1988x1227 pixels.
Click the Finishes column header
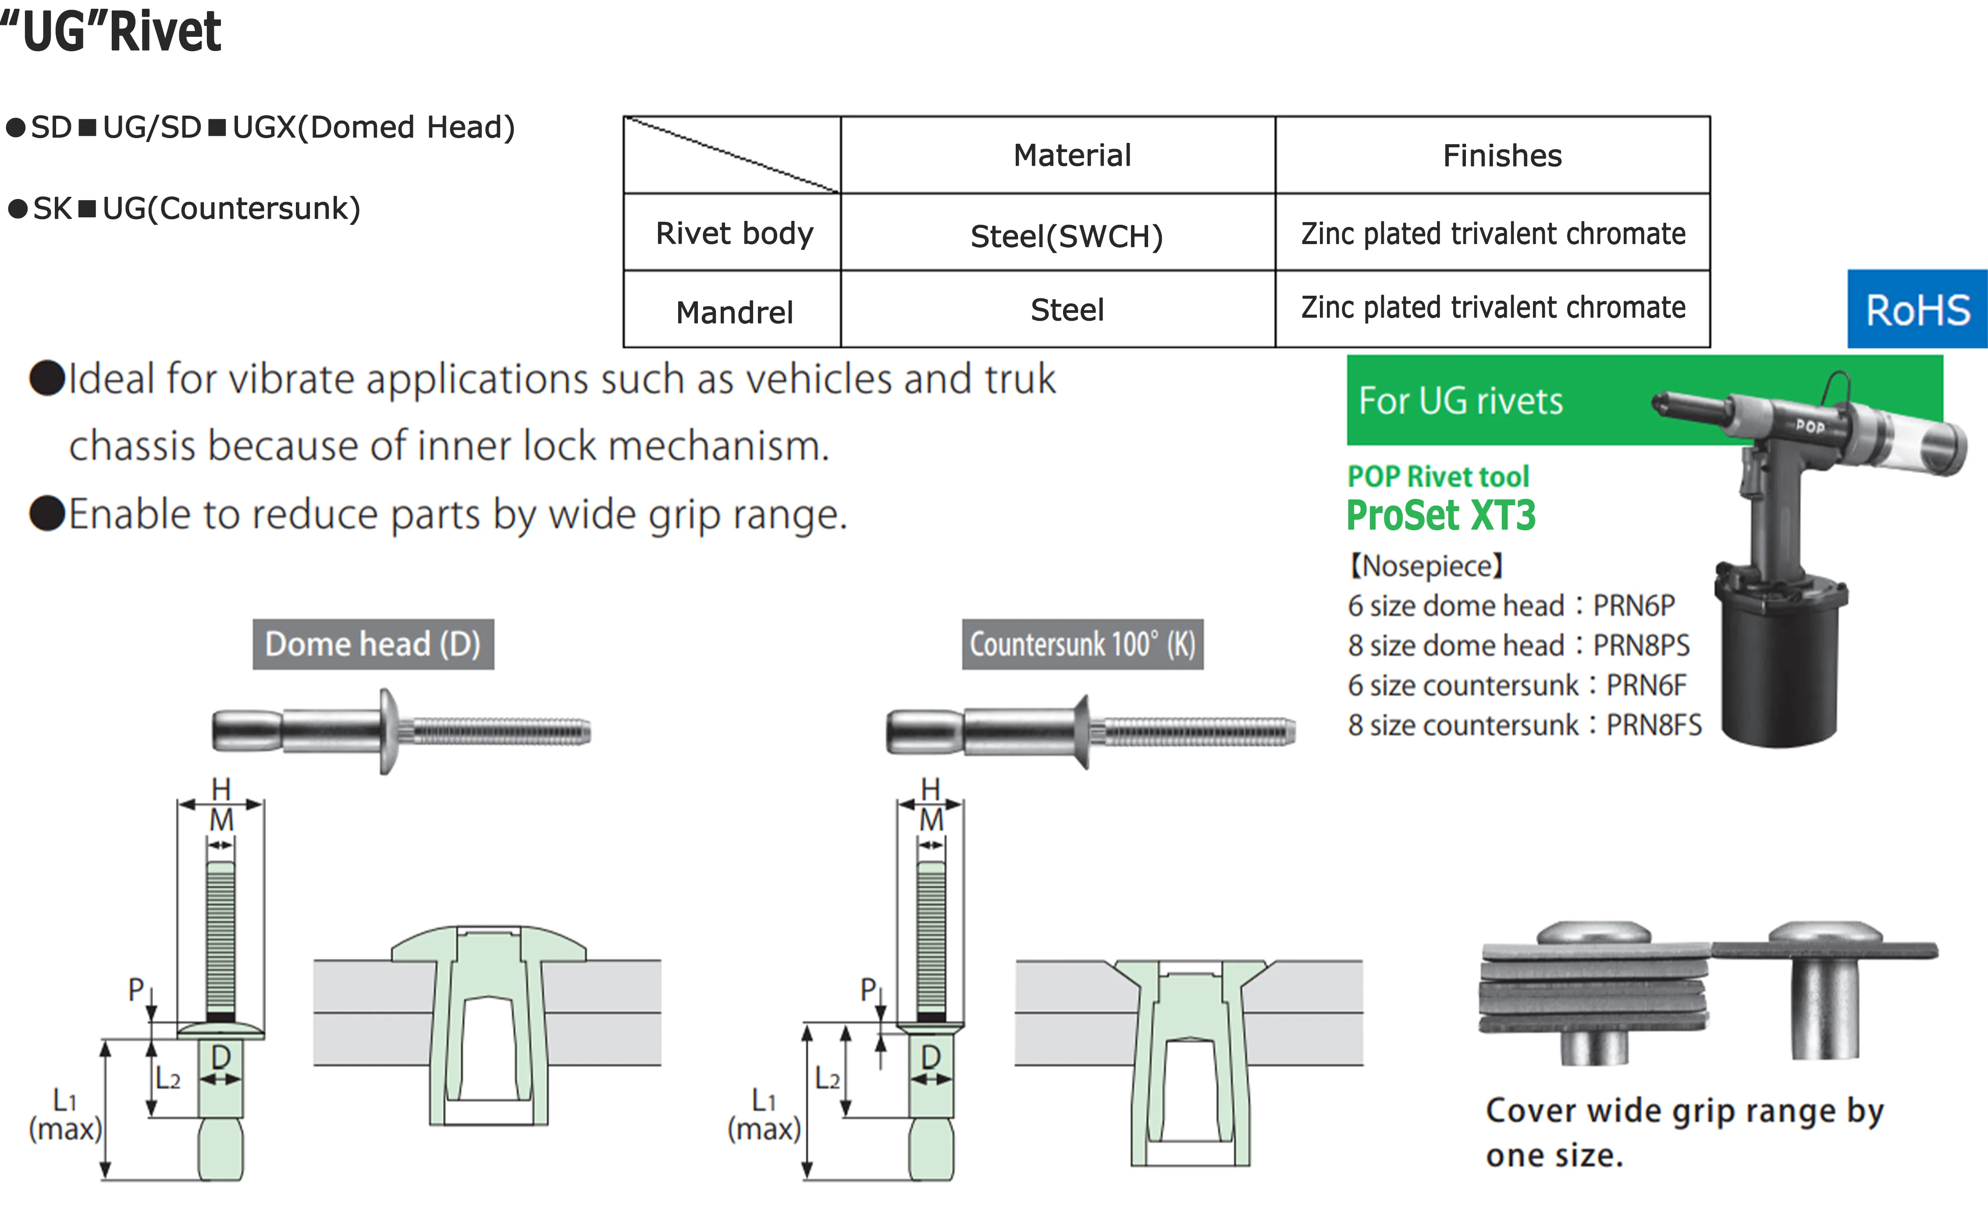(1502, 155)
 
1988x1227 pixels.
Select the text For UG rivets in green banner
(1460, 401)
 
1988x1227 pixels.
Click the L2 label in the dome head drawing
(168, 1078)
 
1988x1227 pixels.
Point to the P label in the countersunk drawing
(868, 989)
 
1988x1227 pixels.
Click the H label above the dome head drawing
(221, 788)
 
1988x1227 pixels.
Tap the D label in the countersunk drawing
(931, 1057)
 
